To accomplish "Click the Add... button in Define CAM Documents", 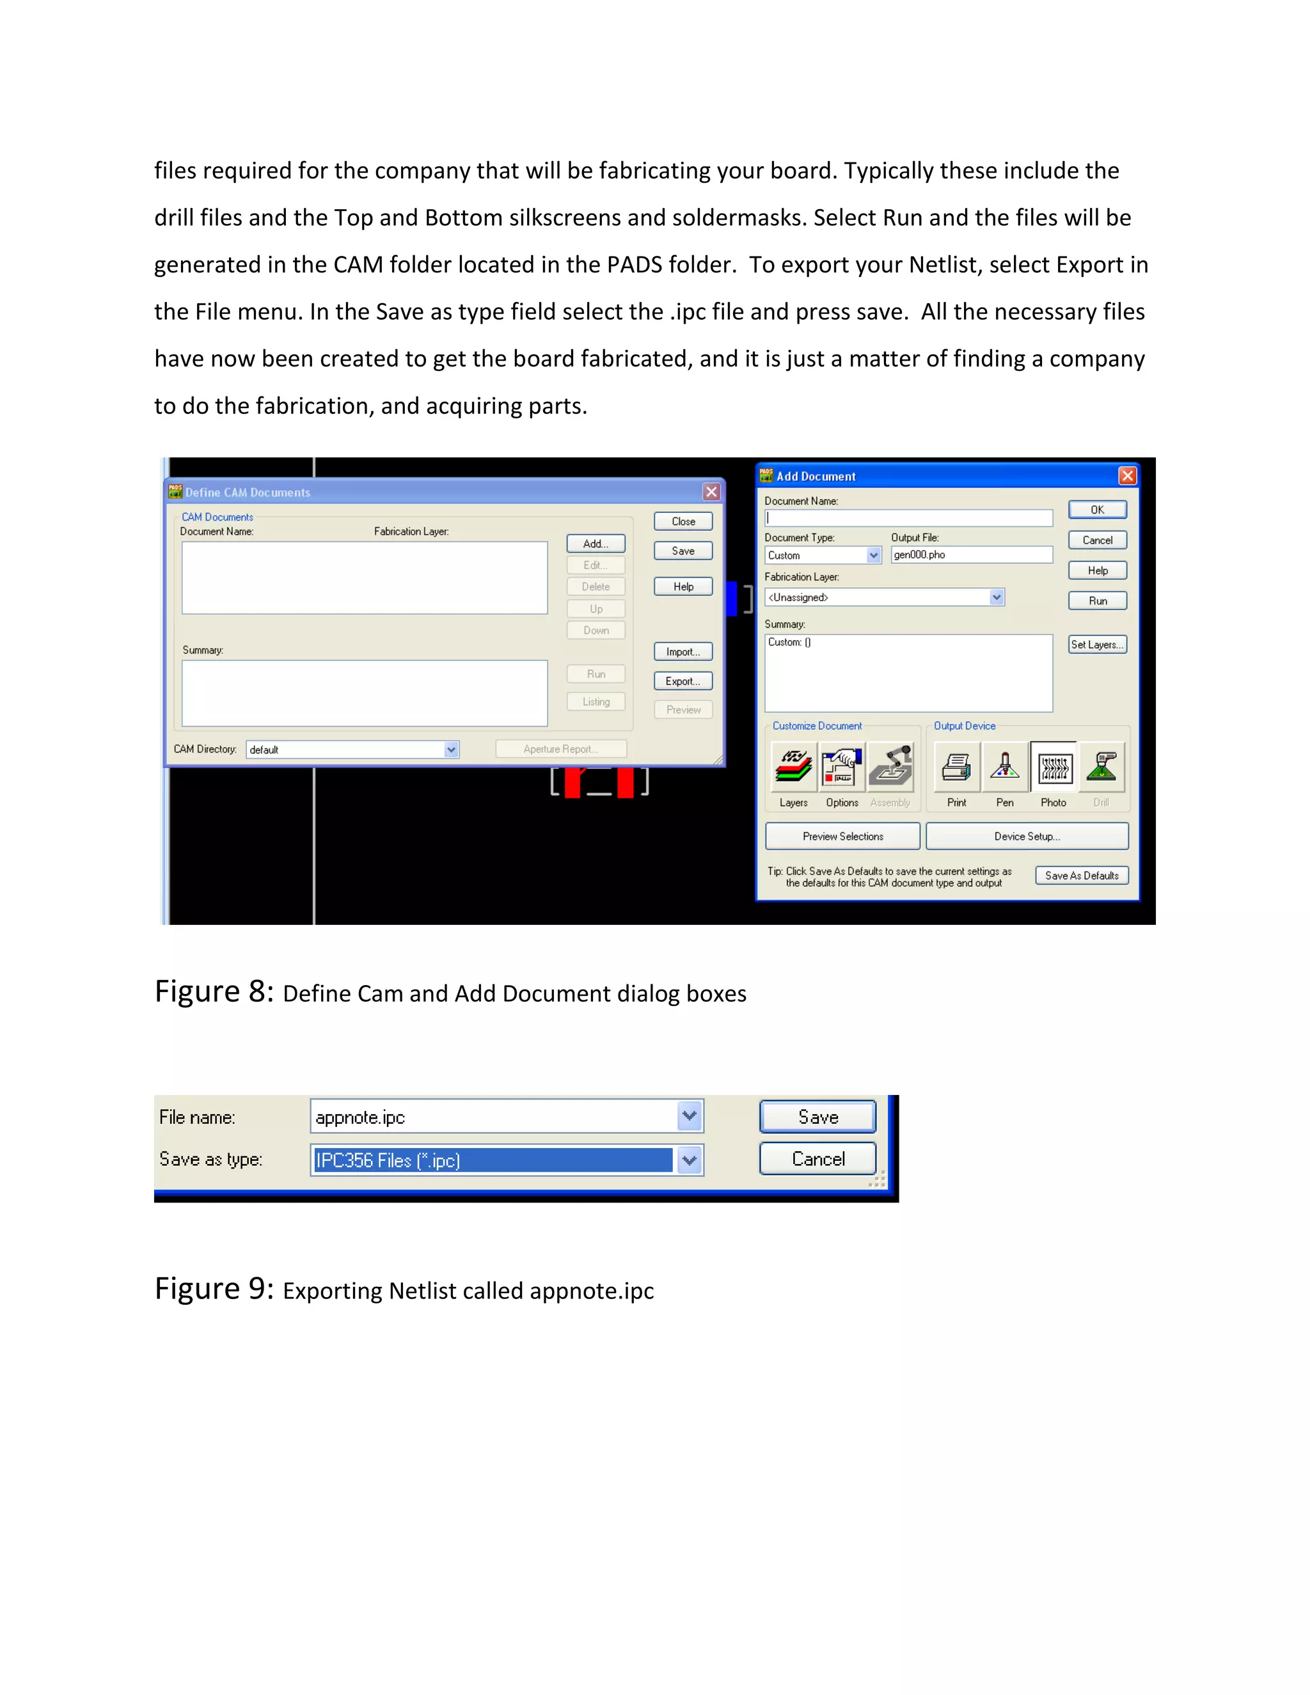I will tap(596, 543).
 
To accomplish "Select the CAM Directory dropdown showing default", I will tap(352, 750).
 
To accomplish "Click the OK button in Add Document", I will tap(1096, 510).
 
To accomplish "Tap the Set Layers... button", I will tap(1096, 644).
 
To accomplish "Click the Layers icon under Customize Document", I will tap(793, 768).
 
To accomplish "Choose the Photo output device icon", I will tap(1053, 768).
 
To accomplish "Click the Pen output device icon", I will tap(1004, 768).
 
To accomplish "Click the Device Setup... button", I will tap(1027, 837).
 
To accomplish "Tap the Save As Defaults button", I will tap(1081, 876).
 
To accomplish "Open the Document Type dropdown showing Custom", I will tap(823, 556).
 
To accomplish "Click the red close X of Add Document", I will tap(1127, 476).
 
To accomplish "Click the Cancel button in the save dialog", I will tap(817, 1159).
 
